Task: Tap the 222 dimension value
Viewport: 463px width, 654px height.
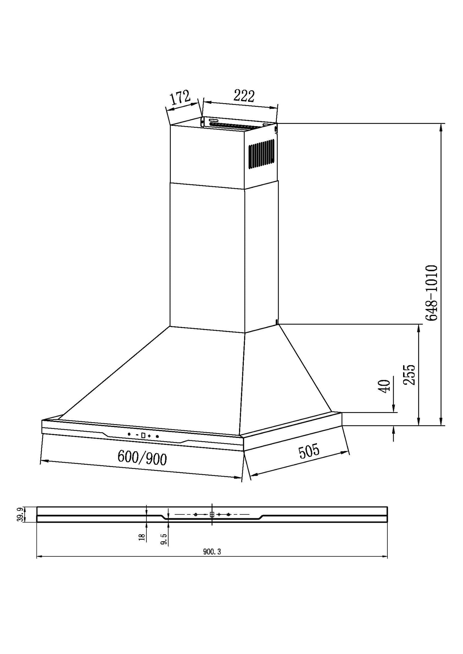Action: click(x=244, y=95)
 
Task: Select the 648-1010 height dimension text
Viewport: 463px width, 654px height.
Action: click(x=431, y=293)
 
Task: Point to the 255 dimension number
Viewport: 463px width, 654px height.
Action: click(x=409, y=375)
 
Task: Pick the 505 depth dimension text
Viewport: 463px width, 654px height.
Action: click(x=309, y=451)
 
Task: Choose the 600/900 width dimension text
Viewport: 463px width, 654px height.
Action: click(x=142, y=457)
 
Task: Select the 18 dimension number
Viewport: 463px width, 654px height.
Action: click(x=142, y=537)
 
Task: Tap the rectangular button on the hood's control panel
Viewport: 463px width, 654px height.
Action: click(x=143, y=435)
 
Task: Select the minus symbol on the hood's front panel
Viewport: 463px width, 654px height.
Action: click(x=137, y=435)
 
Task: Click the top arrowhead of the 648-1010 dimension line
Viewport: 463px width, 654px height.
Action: click(x=441, y=126)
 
